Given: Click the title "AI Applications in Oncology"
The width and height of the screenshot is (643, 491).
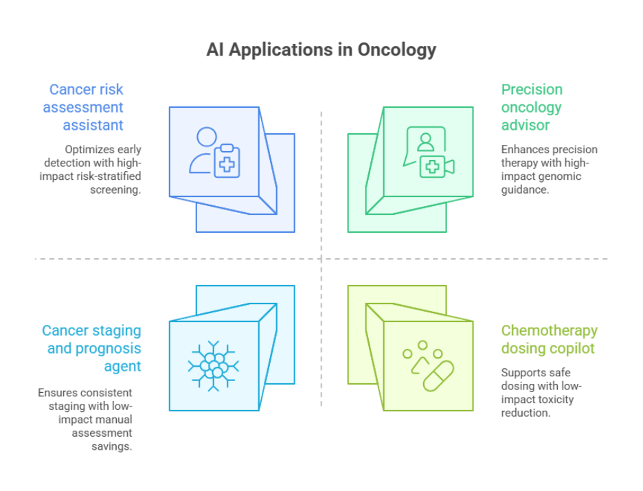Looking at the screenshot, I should coord(321,50).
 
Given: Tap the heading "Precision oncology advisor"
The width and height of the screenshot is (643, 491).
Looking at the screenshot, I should coord(532,107).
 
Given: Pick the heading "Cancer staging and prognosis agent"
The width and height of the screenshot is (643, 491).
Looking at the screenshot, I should coord(91,348).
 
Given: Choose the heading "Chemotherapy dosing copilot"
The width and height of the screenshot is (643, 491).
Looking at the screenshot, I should coord(549,339).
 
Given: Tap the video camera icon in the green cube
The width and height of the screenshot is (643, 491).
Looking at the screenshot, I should coord(437,167).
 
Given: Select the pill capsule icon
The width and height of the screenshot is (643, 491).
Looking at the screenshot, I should coord(438,376).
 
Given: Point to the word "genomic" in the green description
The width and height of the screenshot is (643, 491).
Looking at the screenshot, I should coord(560,176).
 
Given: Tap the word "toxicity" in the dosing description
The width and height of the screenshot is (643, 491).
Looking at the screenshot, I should coord(556,399).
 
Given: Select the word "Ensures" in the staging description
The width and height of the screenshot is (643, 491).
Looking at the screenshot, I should coord(58,392).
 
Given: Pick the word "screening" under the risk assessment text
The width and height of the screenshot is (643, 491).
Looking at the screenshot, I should coord(115,190).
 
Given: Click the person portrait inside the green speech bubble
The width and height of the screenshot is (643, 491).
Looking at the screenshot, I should coord(426,142).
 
